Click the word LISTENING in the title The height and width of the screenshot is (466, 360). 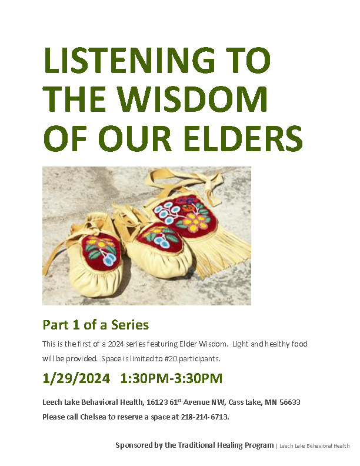(x=129, y=60)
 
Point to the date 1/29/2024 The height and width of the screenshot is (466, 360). (x=76, y=378)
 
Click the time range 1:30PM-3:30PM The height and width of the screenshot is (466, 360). (x=171, y=378)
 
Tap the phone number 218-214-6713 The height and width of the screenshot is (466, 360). (x=205, y=417)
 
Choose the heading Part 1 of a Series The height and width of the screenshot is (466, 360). (x=96, y=325)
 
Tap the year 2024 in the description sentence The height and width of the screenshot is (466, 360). (x=116, y=344)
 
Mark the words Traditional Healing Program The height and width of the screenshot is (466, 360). (x=226, y=445)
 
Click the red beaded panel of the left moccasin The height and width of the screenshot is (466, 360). (x=101, y=252)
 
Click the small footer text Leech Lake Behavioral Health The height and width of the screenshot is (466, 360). (x=315, y=446)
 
